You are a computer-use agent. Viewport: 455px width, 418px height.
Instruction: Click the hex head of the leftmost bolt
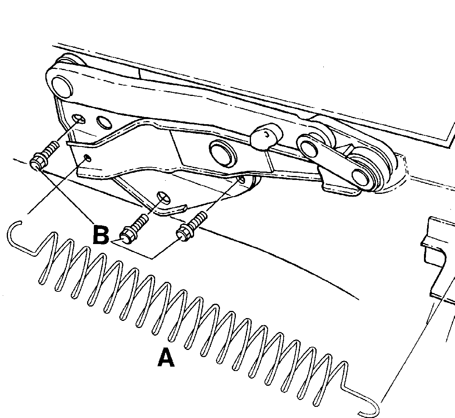pyautogui.click(x=38, y=161)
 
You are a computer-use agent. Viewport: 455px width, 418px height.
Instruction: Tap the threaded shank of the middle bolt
pyautogui.click(x=141, y=222)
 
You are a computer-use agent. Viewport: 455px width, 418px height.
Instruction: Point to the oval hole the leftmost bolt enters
pyautogui.click(x=78, y=118)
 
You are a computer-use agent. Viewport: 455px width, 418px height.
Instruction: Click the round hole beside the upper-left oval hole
pyautogui.click(x=104, y=122)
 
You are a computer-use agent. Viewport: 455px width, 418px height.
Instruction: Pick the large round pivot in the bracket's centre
pyautogui.click(x=222, y=152)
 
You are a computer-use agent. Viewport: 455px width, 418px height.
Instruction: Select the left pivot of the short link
pyautogui.click(x=309, y=145)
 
